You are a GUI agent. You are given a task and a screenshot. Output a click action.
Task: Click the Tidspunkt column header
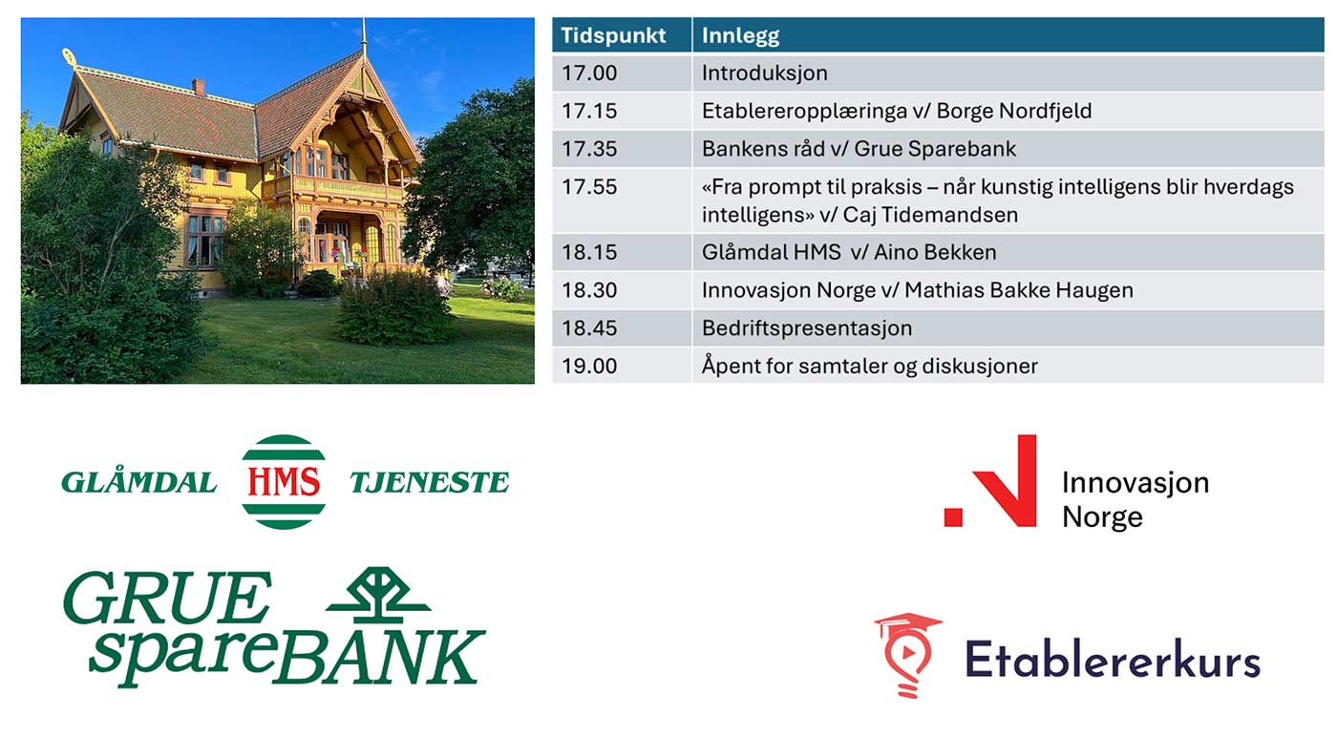613,35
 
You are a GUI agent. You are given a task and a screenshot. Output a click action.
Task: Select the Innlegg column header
740,36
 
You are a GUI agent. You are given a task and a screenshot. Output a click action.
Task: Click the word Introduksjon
765,73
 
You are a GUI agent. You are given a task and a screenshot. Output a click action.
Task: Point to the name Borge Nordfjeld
1014,111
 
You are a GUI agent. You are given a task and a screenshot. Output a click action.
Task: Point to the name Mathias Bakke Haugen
1019,290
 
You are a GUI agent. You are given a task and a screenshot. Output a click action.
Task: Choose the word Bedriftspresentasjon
807,328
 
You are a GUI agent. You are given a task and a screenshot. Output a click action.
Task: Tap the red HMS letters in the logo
284,481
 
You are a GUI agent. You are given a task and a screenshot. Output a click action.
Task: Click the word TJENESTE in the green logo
430,483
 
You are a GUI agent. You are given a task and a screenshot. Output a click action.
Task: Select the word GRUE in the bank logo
168,598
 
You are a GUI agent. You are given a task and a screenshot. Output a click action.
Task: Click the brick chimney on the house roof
199,87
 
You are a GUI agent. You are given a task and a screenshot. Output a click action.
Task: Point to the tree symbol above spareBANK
378,595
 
